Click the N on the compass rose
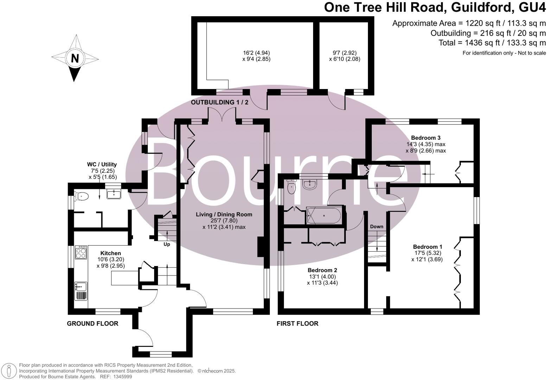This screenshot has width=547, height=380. pos(75,58)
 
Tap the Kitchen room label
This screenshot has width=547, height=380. pos(110,253)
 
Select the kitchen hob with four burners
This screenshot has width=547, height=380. pos(81,252)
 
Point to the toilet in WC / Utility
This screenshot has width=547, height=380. pos(81,196)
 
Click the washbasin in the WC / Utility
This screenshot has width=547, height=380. pos(113,194)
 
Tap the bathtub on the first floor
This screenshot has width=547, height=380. pos(324,215)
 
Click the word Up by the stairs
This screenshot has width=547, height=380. pos(167,244)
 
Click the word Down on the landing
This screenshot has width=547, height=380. pos(376,227)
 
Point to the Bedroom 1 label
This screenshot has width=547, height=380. pos(427,247)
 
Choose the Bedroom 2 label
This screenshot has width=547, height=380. pos(322,270)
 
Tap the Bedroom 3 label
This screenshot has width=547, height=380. pos(426,138)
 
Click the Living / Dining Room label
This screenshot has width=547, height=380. pos(224,214)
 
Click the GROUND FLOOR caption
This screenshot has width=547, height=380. pos(93,323)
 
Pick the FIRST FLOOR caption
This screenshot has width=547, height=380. pos(297,323)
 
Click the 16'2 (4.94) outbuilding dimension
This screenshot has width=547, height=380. pos(256,53)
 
